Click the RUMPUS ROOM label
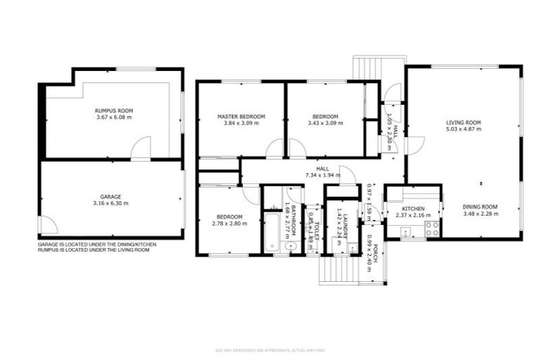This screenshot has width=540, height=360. point(114,110)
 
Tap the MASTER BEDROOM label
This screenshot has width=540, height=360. point(240,116)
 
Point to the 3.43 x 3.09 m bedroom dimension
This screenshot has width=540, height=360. point(325,123)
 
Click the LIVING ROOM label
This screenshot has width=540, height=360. point(463,122)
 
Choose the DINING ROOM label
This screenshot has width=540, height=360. point(480,207)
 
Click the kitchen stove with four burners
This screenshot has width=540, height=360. point(432,228)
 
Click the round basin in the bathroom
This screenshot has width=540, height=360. point(289,246)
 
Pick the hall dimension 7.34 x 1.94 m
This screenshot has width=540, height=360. point(322,175)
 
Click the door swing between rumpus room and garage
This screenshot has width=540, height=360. point(142,149)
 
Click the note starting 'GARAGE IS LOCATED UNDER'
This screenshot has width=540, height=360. point(97,244)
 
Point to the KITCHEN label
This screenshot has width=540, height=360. point(413,209)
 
